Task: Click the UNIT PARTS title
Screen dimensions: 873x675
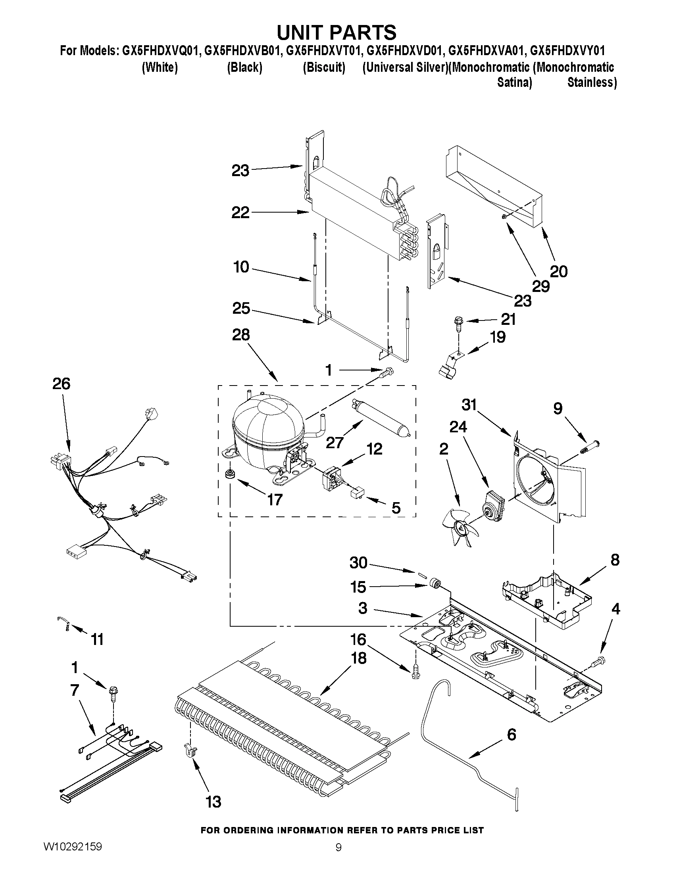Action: (336, 32)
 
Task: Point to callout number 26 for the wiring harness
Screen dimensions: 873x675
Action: (61, 384)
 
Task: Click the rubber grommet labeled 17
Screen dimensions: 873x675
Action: (230, 474)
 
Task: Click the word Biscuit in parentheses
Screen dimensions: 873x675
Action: (324, 67)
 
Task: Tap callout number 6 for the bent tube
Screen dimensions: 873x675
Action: (511, 735)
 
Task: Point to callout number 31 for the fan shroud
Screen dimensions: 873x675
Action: (469, 405)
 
